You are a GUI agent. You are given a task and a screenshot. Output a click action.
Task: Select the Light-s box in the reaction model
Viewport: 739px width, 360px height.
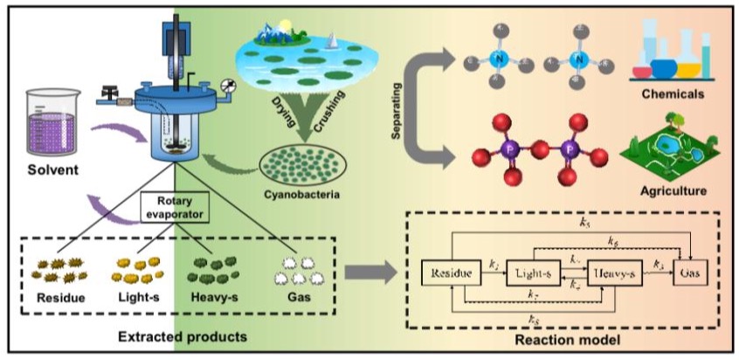[x=532, y=274]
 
